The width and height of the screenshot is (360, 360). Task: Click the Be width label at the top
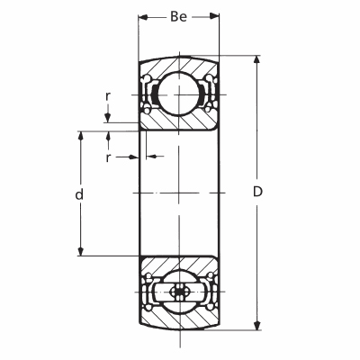pyautogui.click(x=179, y=17)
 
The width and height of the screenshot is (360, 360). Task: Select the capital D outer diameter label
pyautogui.click(x=257, y=192)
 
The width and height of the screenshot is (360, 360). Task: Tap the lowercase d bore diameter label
pyautogui.click(x=79, y=194)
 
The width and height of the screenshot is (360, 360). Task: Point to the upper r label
pyautogui.click(x=108, y=96)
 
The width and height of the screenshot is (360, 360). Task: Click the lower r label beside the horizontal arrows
pyautogui.click(x=108, y=157)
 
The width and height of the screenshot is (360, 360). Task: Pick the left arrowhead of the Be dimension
pyautogui.click(x=143, y=17)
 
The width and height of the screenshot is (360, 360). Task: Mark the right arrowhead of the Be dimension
pyautogui.click(x=214, y=17)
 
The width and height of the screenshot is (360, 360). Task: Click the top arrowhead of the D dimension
pyautogui.click(x=256, y=60)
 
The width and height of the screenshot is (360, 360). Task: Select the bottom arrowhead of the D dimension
pyautogui.click(x=256, y=326)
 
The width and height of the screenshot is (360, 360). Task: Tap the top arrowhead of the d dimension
pyautogui.click(x=80, y=136)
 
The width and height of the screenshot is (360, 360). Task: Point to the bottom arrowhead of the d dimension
pyautogui.click(x=80, y=251)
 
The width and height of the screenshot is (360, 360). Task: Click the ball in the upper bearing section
pyautogui.click(x=178, y=94)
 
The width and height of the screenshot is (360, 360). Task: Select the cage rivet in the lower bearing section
pyautogui.click(x=179, y=292)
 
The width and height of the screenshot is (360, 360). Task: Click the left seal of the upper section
pyautogui.click(x=147, y=94)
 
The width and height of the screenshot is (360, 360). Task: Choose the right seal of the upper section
pyautogui.click(x=211, y=94)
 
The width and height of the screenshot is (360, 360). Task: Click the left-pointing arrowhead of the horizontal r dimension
pyautogui.click(x=151, y=157)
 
